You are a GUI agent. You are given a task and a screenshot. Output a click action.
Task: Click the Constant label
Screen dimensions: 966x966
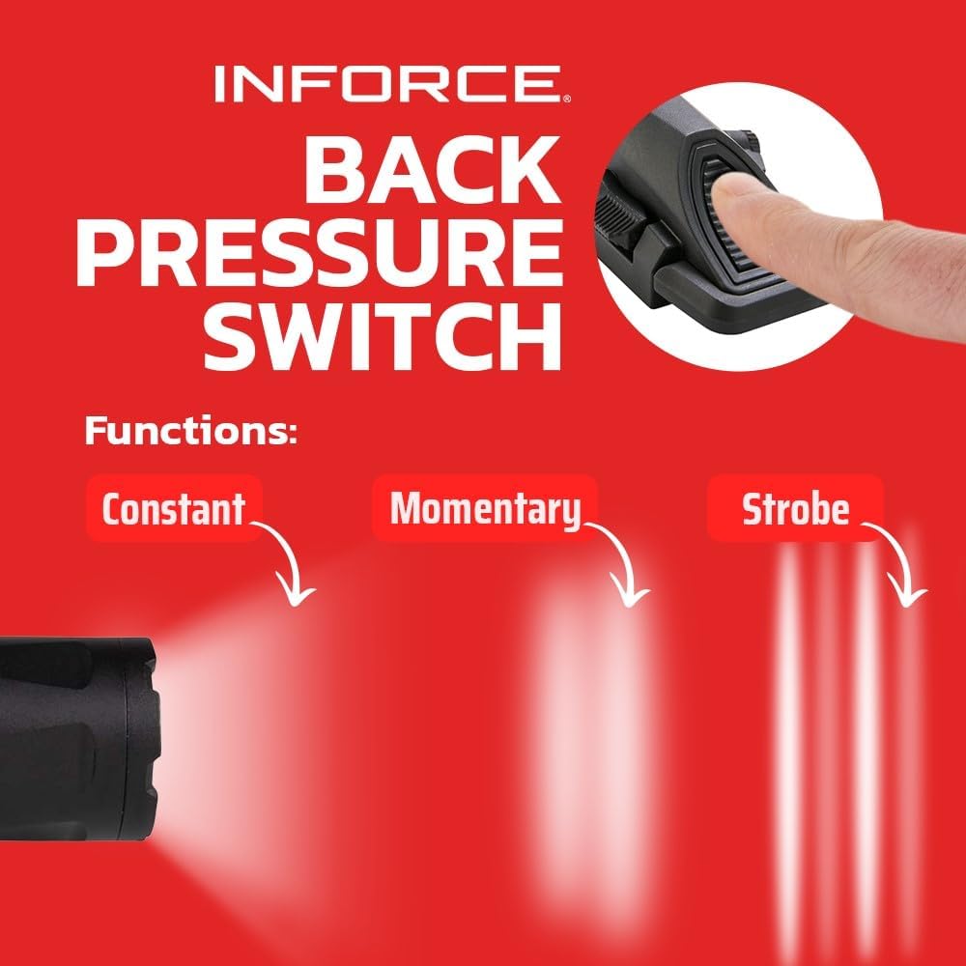[173, 508]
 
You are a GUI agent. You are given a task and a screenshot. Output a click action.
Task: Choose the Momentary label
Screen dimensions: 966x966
[485, 508]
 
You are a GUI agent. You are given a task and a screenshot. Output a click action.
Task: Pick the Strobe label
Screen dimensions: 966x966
[795, 508]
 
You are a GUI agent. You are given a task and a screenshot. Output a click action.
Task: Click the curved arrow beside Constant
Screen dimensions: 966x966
[291, 565]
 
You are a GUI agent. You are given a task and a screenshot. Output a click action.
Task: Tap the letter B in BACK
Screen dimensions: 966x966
[335, 169]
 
